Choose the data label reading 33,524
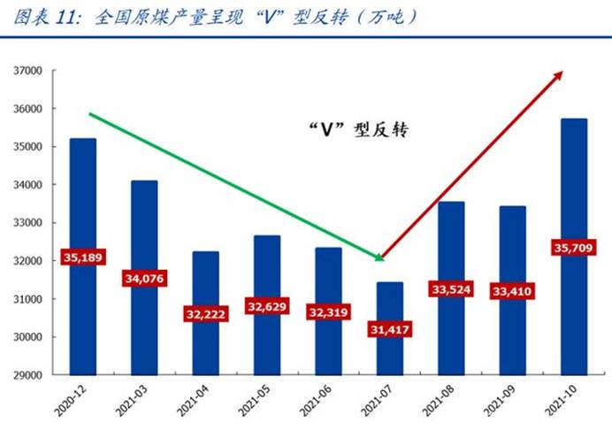pyautogui.click(x=450, y=288)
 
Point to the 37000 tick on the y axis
pyautogui.click(x=29, y=71)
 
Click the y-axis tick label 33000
pyautogui.click(x=29, y=223)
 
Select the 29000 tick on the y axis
pyautogui.click(x=29, y=375)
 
